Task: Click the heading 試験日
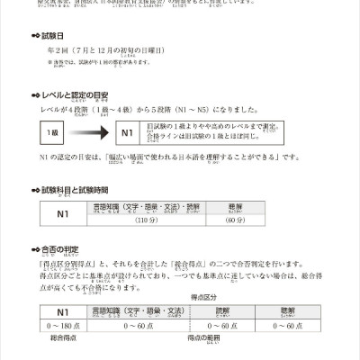pos(71,39)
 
